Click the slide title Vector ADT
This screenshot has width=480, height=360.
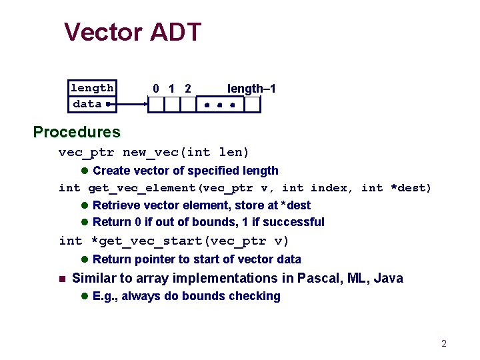(x=133, y=32)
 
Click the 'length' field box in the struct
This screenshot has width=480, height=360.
(x=92, y=88)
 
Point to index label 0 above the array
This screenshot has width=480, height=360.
(x=155, y=89)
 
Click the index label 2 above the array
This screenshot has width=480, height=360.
(x=188, y=89)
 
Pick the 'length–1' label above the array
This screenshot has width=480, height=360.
(x=251, y=89)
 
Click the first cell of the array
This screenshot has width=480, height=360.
(x=155, y=105)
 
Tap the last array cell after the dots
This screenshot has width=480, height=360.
(x=251, y=105)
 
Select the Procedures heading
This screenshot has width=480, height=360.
(x=77, y=132)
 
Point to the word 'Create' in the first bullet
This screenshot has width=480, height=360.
(x=111, y=171)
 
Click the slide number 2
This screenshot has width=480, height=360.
(x=444, y=344)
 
